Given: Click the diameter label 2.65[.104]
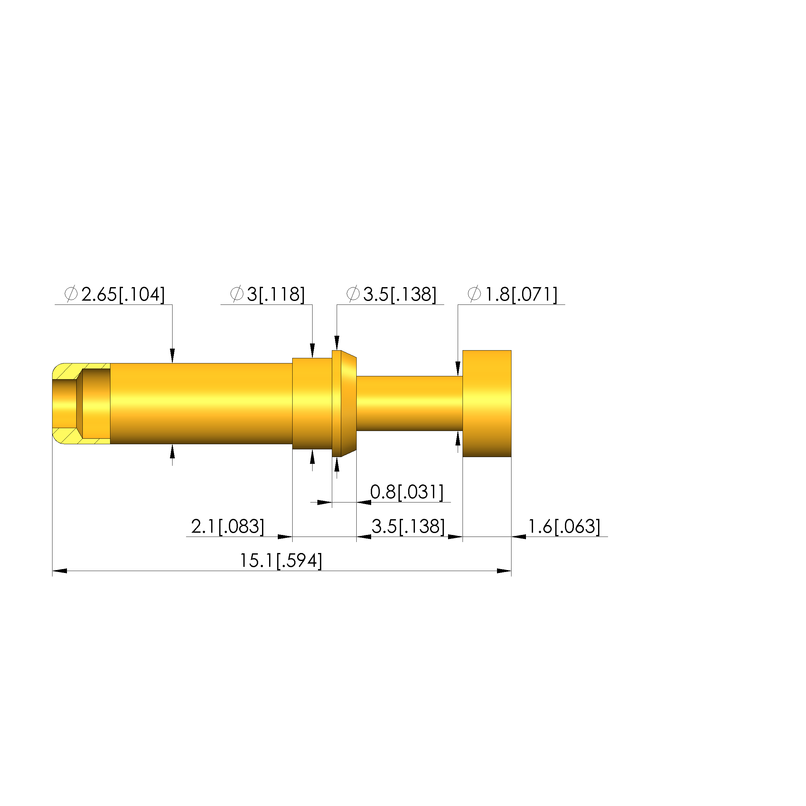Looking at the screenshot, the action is tap(115, 295).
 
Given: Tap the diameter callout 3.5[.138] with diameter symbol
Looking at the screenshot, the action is tap(391, 295).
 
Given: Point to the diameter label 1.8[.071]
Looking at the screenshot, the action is tap(513, 295).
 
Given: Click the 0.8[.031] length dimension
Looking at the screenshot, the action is tap(407, 492).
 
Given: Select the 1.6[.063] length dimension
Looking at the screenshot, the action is tap(564, 527).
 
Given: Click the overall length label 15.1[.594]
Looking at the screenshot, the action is tap(281, 561).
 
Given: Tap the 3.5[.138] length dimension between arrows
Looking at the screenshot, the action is tap(408, 527).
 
